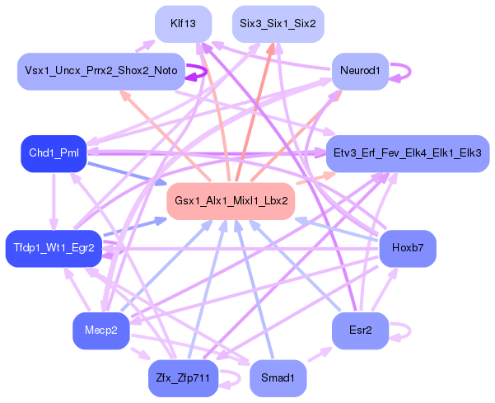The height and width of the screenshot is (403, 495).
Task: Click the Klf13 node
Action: pos(183,24)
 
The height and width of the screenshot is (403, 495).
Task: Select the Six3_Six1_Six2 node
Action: pos(278,24)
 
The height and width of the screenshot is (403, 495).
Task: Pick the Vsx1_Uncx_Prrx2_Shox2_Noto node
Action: pos(100,72)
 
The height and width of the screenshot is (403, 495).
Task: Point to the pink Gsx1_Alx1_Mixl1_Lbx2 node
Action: pos(231,201)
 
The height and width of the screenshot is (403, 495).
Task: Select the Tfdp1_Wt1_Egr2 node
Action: pos(54,248)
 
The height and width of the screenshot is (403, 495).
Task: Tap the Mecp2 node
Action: pos(100,330)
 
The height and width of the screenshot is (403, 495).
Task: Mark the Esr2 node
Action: pos(360,330)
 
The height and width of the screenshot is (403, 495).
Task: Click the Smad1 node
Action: pos(278,379)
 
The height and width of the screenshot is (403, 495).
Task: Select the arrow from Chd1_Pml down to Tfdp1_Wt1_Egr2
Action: pos(54,201)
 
